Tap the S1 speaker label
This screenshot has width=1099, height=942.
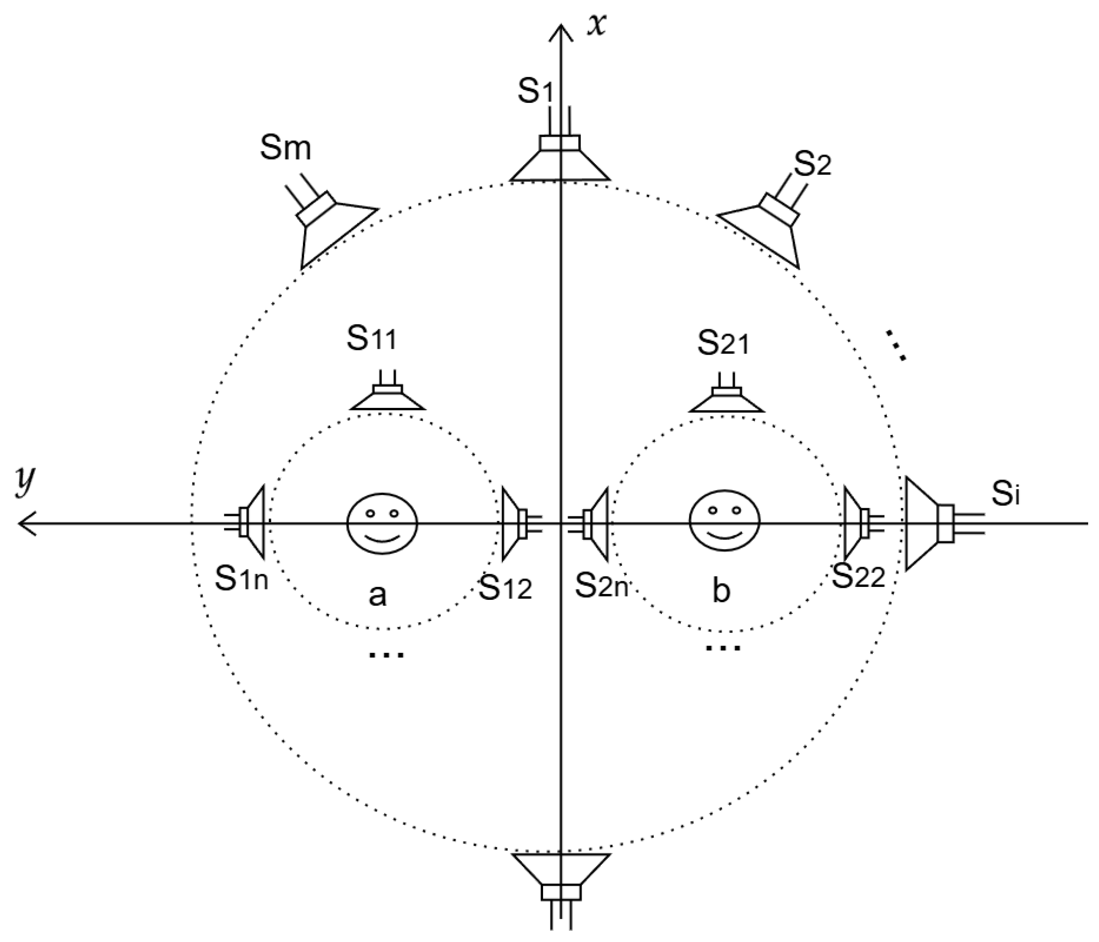[x=535, y=91]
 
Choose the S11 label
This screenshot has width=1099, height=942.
[x=371, y=339]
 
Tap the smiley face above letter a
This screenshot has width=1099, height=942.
[x=382, y=523]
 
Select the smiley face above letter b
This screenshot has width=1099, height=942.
[x=724, y=523]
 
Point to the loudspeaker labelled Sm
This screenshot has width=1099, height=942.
[x=329, y=223]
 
